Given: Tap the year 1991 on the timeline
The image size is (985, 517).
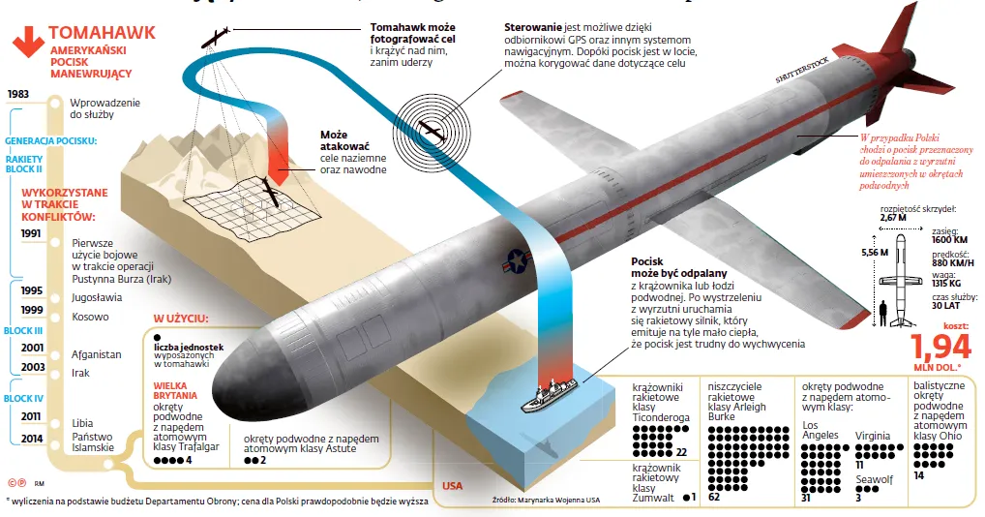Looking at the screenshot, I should tap(30, 233).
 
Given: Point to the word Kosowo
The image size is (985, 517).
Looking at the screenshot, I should tap(90, 317).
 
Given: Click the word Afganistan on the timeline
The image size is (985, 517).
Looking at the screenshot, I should tap(97, 354).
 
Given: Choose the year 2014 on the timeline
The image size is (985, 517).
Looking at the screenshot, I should tap(30, 437).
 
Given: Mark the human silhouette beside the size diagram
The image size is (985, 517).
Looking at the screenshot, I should tap(883, 313).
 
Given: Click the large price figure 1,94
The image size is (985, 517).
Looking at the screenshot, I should tap(941, 346).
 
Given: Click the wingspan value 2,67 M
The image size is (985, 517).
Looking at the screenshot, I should tap(893, 218).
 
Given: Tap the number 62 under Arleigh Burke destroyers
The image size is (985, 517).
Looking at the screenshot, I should tap(714, 498).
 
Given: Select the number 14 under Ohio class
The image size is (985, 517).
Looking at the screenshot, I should tap(919, 475).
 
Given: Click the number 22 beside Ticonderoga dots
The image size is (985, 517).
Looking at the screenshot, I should tap(681, 452).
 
